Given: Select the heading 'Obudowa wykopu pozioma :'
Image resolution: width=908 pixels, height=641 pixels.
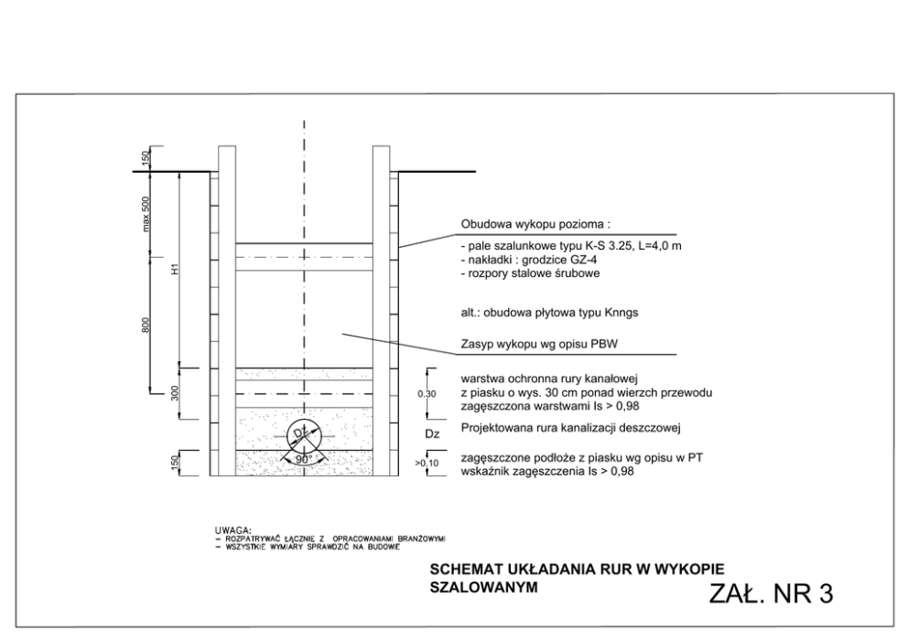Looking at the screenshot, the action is pyautogui.click(x=535, y=224).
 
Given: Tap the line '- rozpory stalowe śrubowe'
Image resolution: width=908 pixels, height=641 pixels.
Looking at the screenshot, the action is pyautogui.click(x=530, y=272).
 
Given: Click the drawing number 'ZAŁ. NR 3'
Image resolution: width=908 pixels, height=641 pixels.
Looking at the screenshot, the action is pyautogui.click(x=771, y=593).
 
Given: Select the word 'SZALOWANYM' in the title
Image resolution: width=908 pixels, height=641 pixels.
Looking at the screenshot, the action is pyautogui.click(x=486, y=586).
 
